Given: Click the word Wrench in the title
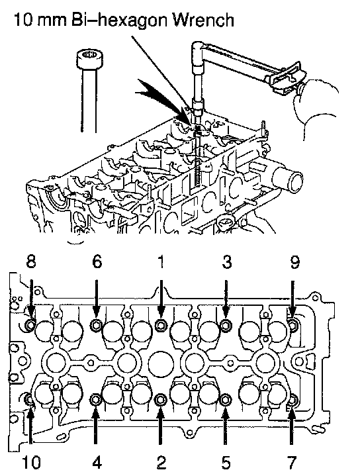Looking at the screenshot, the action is (x=204, y=20).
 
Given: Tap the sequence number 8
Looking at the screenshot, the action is (x=31, y=261).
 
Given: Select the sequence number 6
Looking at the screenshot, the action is (x=97, y=261).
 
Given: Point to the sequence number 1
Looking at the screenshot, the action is (x=161, y=261).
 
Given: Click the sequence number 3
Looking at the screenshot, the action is (x=227, y=261).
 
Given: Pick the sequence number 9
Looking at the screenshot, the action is (x=294, y=261).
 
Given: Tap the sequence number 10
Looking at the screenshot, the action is (x=31, y=462).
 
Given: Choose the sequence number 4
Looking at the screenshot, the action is (x=97, y=462).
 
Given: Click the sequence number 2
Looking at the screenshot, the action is (x=161, y=462).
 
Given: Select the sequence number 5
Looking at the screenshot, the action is (x=226, y=462).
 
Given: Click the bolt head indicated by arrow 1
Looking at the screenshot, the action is (x=160, y=325).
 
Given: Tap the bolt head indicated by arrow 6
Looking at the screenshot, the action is (x=96, y=325).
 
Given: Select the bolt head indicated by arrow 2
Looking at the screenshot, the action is (x=160, y=401).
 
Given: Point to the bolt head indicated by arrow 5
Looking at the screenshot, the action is (x=224, y=401).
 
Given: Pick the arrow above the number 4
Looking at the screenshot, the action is (x=95, y=426).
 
